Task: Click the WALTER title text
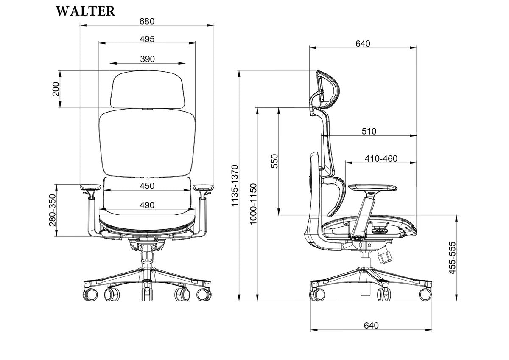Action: [85, 11]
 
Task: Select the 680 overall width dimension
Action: [147, 21]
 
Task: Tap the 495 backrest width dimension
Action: [147, 39]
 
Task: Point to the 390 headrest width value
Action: [148, 59]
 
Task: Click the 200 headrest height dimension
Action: [56, 89]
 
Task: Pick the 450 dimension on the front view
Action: [147, 186]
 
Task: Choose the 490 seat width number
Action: [147, 205]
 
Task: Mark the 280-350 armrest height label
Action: [53, 211]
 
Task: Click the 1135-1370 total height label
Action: [235, 186]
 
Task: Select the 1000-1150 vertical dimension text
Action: [253, 204]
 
